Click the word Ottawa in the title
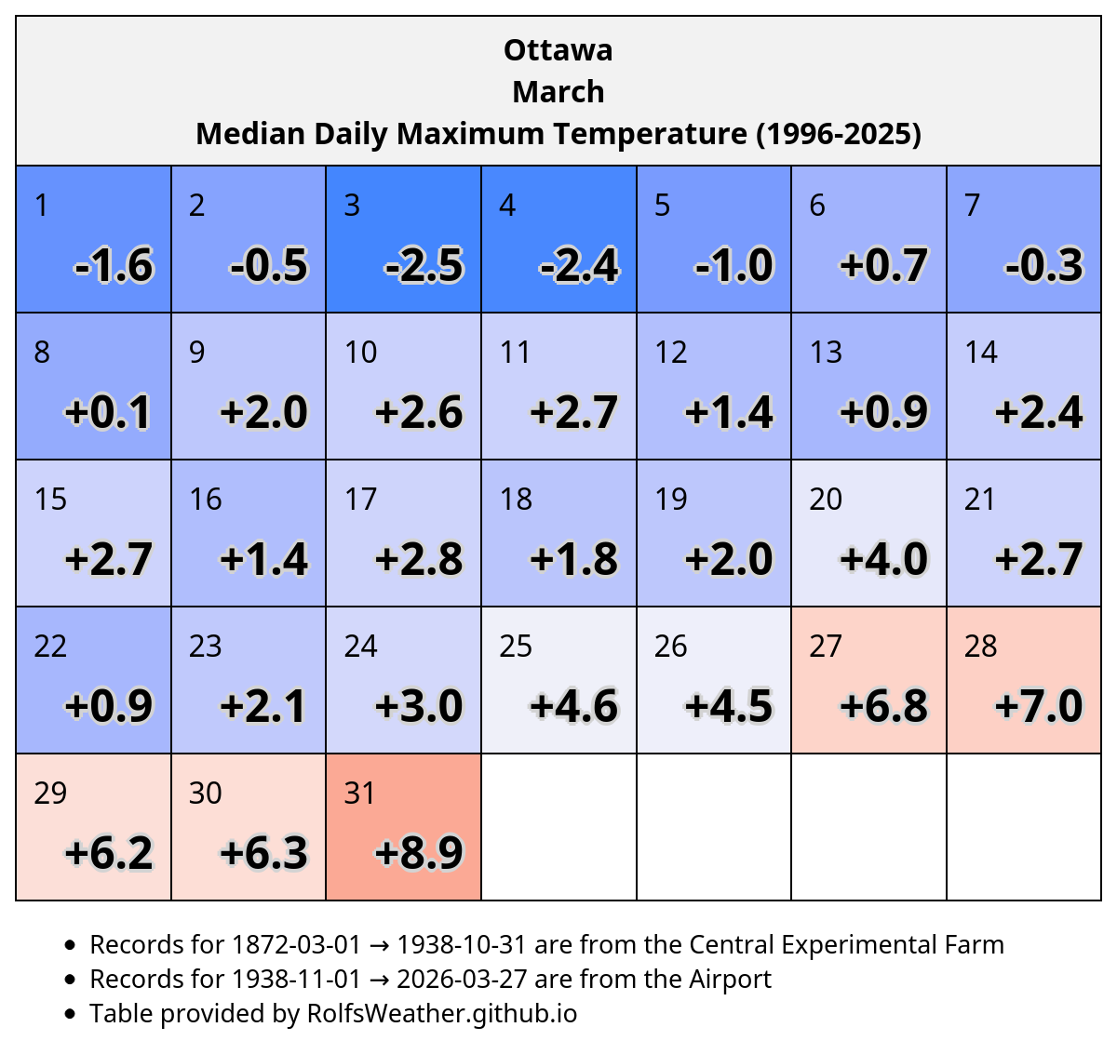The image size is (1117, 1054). (558, 50)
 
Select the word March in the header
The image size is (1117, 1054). (558, 91)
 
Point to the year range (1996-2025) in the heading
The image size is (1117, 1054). (838, 134)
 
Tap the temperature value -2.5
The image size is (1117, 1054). (424, 265)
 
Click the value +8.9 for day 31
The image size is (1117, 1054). (419, 853)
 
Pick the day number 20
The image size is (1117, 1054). (825, 499)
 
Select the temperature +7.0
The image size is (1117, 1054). (1038, 705)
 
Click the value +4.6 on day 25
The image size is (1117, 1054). (573, 705)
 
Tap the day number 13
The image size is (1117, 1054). (825, 352)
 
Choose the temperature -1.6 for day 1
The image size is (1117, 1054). (113, 265)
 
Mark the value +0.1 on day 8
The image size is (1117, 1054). (108, 412)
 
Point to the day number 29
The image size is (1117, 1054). (50, 793)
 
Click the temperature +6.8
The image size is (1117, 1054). (883, 705)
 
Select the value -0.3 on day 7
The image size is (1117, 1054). (1043, 265)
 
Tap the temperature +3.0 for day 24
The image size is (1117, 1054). (419, 705)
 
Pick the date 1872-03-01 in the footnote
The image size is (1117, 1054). (296, 944)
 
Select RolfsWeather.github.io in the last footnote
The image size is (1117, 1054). (441, 1013)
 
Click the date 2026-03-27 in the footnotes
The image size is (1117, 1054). (461, 979)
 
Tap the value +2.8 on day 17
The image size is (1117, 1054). (419, 559)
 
